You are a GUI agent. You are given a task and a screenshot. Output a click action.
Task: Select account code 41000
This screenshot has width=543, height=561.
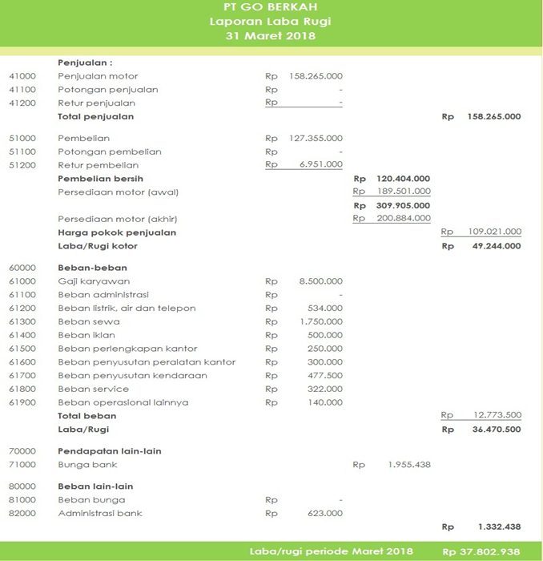click(x=22, y=76)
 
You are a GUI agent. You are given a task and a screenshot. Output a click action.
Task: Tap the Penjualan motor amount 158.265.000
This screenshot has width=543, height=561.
click(x=315, y=76)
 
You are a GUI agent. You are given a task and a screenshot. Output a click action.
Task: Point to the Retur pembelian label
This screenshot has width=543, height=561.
click(x=98, y=165)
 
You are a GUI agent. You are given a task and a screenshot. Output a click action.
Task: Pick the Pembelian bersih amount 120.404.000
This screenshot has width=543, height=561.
click(x=403, y=179)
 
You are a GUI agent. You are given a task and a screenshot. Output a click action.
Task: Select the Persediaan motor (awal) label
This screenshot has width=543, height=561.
click(x=118, y=192)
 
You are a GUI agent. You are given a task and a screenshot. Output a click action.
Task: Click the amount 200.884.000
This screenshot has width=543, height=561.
click(x=403, y=219)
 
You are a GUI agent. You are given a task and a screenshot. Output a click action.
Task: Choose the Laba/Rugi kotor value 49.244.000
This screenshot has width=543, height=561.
click(x=493, y=246)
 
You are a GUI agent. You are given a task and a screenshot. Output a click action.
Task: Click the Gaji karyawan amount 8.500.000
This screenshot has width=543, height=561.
click(x=320, y=281)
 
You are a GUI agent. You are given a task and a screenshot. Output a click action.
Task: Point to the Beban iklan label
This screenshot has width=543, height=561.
click(x=88, y=335)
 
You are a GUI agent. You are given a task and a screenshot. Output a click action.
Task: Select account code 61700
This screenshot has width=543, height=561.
click(x=22, y=375)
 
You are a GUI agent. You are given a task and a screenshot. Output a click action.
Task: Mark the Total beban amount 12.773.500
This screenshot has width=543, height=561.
click(x=493, y=415)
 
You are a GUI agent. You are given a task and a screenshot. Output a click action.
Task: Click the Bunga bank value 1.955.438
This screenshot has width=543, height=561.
click(x=408, y=465)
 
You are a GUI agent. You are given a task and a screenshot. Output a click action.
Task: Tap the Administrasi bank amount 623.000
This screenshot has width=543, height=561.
click(x=325, y=513)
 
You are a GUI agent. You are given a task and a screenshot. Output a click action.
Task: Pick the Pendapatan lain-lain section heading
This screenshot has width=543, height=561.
click(x=110, y=451)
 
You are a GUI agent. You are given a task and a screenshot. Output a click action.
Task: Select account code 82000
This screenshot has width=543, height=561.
click(x=22, y=513)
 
